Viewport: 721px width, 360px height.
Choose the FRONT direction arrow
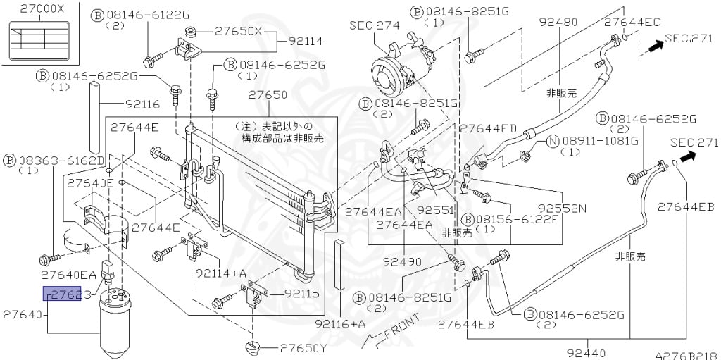[390, 331]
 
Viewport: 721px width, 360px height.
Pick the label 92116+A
[340, 324]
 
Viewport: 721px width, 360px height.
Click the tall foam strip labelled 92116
[95, 118]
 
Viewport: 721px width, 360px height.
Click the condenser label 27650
[268, 95]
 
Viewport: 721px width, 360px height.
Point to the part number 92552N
[563, 209]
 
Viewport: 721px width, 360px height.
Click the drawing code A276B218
[687, 356]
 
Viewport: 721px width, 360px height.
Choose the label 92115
[302, 293]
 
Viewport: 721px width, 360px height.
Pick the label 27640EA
[68, 275]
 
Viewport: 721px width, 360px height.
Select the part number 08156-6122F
[518, 218]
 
